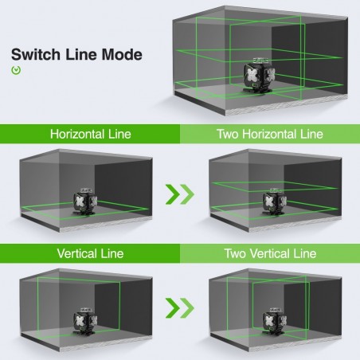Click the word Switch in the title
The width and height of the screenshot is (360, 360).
[x=36, y=54]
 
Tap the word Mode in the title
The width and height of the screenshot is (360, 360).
[x=122, y=54]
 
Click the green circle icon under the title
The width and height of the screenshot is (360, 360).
[x=16, y=70]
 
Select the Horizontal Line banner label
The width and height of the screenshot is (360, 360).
[x=91, y=134]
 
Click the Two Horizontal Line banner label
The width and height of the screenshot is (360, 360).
[x=270, y=134]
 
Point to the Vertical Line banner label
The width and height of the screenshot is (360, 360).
[x=90, y=253]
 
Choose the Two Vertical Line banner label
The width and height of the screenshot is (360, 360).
[x=270, y=253]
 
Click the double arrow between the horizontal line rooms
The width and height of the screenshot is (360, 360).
[x=180, y=194]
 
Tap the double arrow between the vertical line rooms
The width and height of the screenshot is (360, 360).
[x=180, y=308]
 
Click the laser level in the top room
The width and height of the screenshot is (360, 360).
[x=260, y=76]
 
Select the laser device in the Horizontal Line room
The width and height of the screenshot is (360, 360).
[x=85, y=202]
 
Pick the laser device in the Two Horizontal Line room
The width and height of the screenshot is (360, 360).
[x=275, y=202]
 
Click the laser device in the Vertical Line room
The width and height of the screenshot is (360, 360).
[x=85, y=321]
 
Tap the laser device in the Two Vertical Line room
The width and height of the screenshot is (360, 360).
[x=275, y=321]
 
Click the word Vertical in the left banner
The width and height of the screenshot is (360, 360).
[x=80, y=253]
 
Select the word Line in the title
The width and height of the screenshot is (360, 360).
[x=81, y=54]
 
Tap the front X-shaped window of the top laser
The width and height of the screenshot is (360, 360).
[x=253, y=75]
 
